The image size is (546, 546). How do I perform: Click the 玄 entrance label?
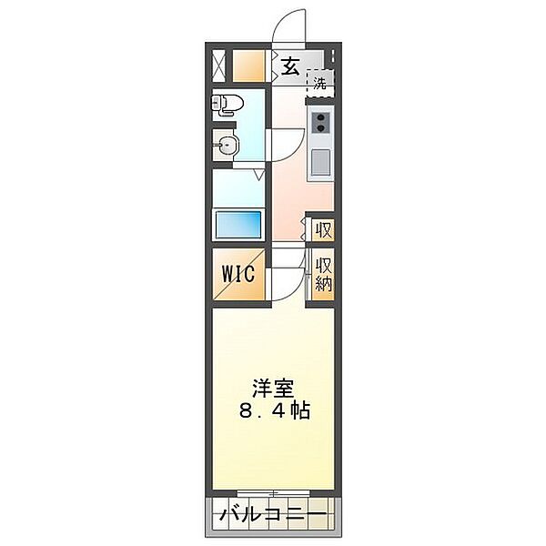289,66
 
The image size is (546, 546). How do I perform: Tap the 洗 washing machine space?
319,83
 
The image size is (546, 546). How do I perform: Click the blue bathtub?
238,223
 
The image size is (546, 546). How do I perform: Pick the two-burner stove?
320,123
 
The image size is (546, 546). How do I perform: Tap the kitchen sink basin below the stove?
320,164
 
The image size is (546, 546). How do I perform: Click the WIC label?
240,274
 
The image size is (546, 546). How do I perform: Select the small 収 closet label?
322,230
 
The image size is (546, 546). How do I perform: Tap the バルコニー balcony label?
272,516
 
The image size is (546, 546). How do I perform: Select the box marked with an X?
219,66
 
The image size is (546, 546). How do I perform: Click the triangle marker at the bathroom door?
260,173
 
